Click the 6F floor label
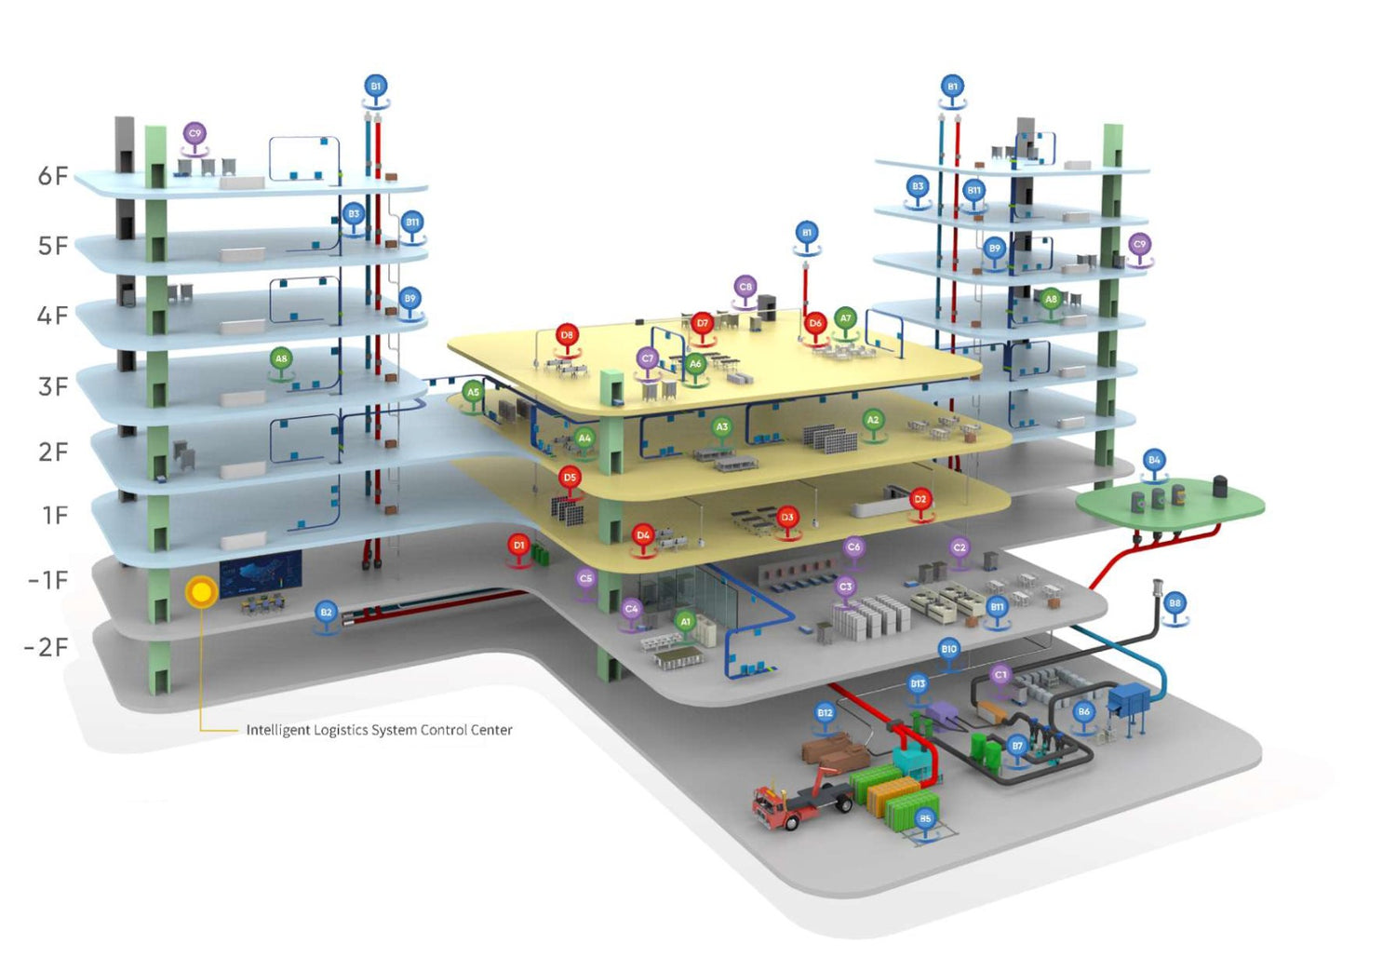(53, 176)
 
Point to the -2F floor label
(47, 647)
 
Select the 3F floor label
(53, 386)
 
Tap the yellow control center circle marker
(201, 592)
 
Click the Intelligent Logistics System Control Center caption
(379, 730)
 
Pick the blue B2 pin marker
(326, 613)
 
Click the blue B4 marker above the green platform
(1154, 461)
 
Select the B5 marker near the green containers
(924, 819)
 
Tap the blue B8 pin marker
(1175, 603)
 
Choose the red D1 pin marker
(519, 546)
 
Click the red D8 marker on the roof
(567, 335)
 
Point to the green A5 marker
(473, 393)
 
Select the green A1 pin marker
(686, 622)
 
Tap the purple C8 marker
(745, 288)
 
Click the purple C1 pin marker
(1000, 675)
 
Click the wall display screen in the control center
(261, 571)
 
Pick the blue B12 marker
(825, 713)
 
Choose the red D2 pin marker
(920, 500)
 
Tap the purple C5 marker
(585, 579)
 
